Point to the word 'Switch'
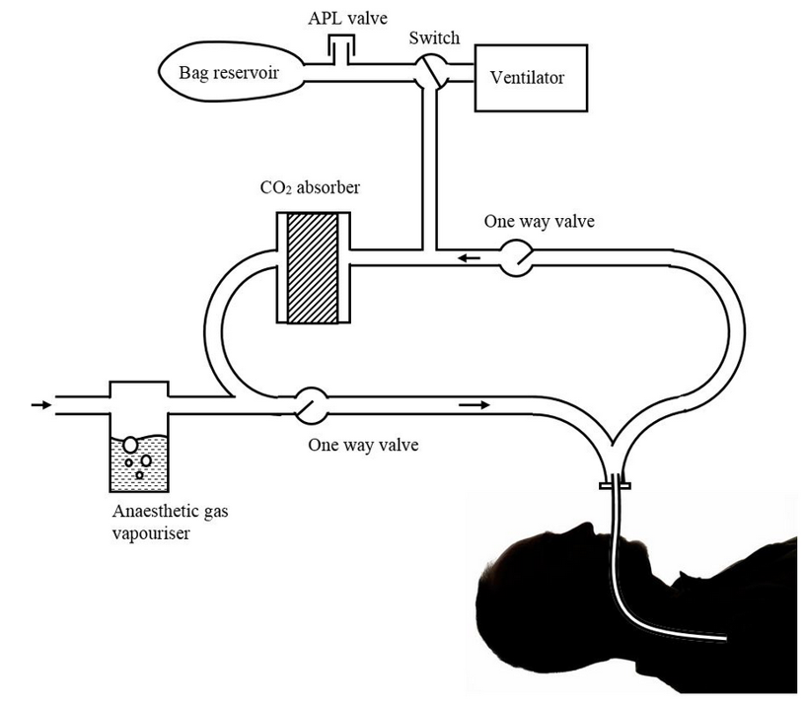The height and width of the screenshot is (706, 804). click(x=434, y=38)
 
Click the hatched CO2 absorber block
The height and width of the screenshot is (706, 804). click(x=313, y=267)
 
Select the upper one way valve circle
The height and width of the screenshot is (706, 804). click(x=513, y=258)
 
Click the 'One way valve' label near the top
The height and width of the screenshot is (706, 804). click(x=539, y=221)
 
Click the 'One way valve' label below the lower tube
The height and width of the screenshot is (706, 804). click(x=363, y=445)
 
